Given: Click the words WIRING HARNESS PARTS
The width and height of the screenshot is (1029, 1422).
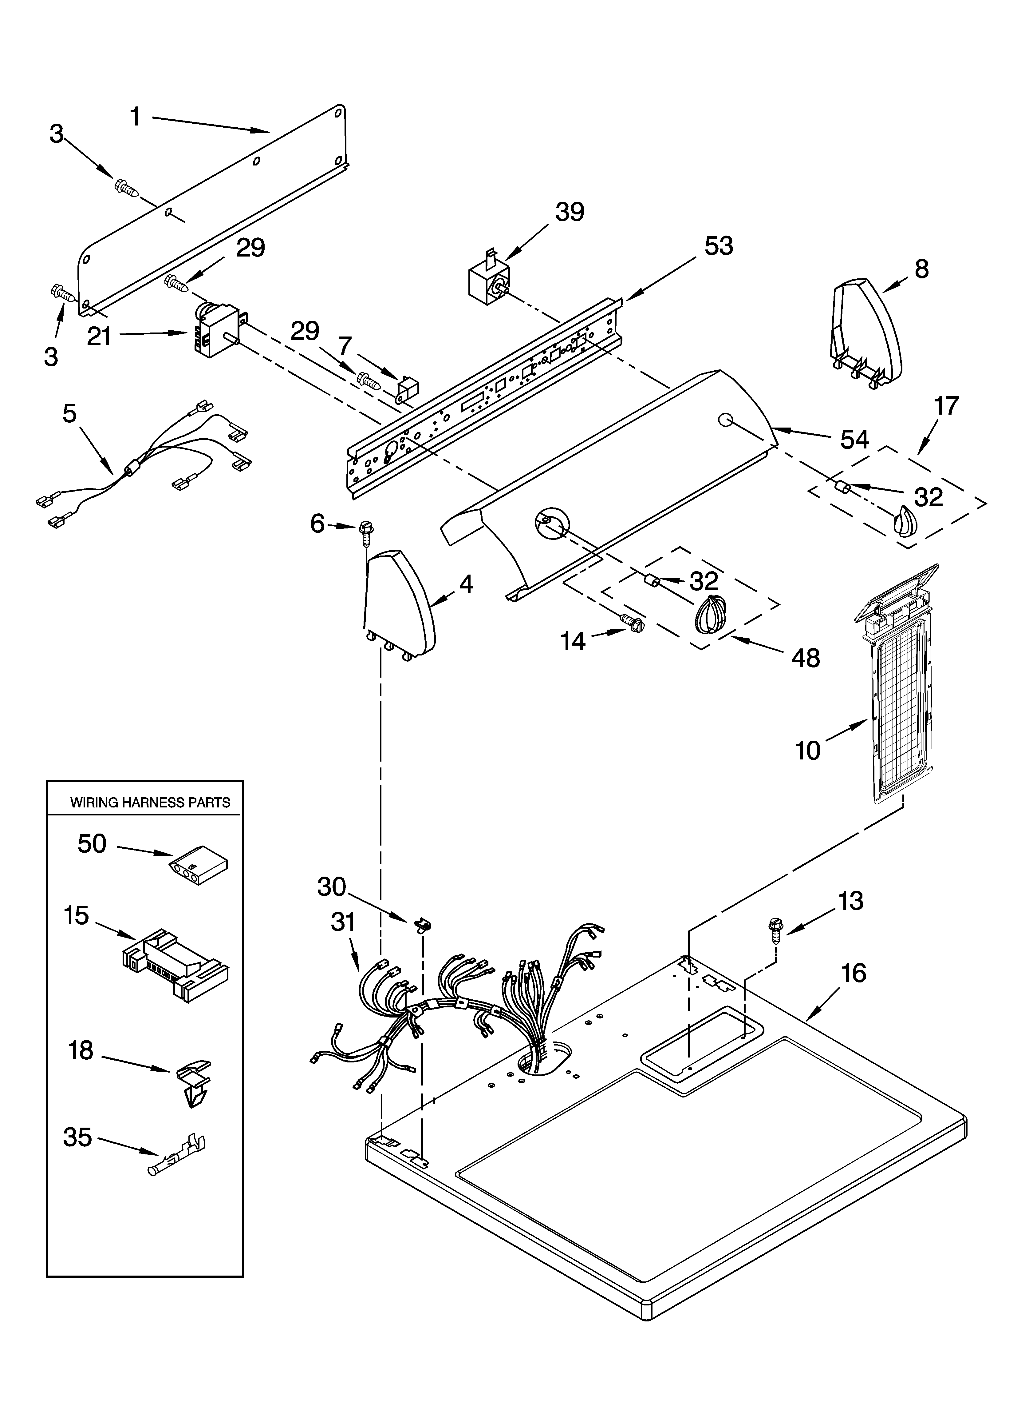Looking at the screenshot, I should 150,803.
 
